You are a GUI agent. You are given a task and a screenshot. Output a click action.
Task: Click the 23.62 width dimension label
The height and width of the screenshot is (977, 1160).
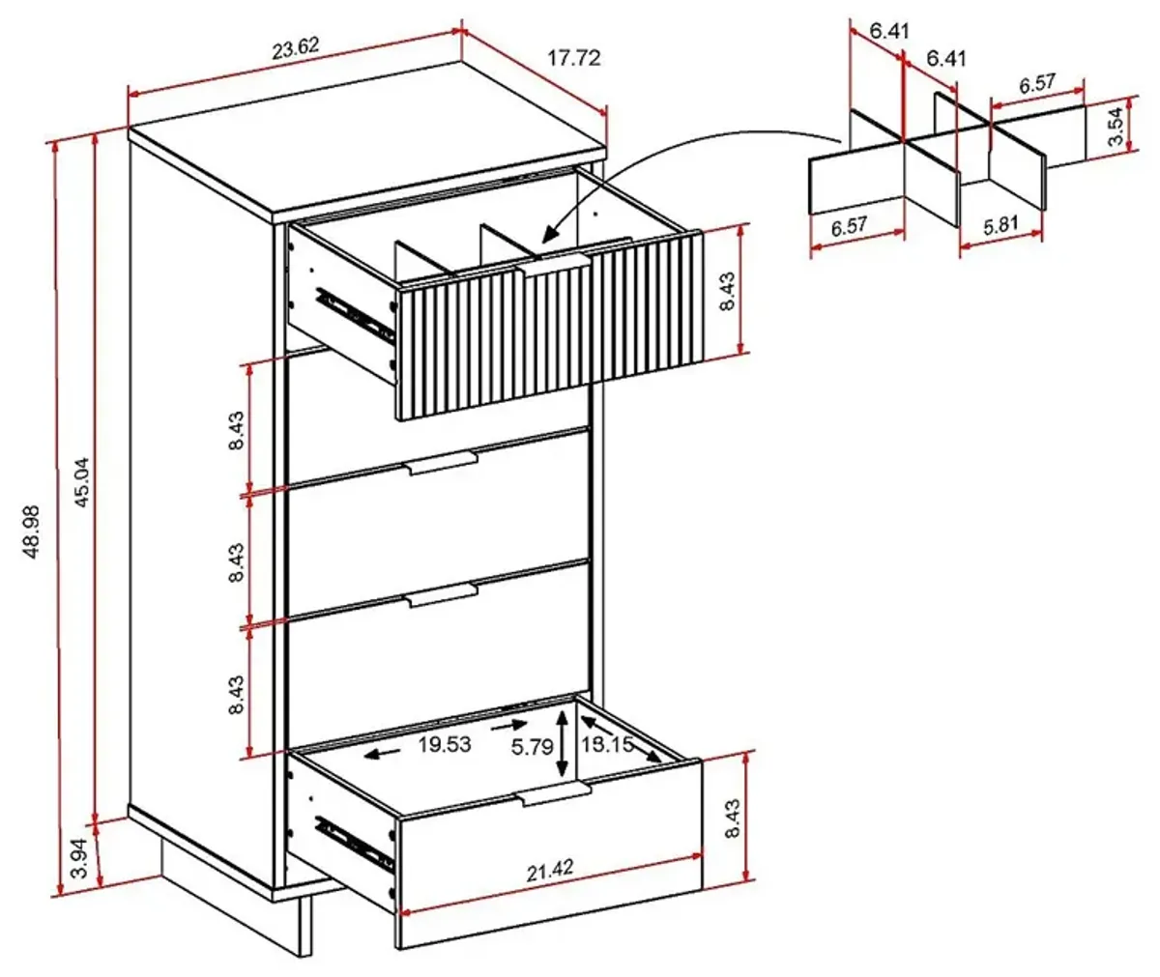click(x=296, y=48)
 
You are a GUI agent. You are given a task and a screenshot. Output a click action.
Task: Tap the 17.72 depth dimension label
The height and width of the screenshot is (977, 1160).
click(x=574, y=58)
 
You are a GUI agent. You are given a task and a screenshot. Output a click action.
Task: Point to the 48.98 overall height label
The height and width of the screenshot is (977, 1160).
click(x=31, y=532)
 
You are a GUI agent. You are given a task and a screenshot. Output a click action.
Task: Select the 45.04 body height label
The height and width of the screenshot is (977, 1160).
click(x=81, y=482)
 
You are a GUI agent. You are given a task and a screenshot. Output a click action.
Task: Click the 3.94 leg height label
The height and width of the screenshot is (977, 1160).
click(x=80, y=857)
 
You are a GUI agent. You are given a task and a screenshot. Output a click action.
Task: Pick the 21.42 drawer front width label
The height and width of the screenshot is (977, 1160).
click(x=549, y=871)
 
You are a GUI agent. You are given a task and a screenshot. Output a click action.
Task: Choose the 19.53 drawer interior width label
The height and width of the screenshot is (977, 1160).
click(x=445, y=744)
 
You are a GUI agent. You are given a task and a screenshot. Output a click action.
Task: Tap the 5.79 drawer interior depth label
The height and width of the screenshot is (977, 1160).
click(x=532, y=747)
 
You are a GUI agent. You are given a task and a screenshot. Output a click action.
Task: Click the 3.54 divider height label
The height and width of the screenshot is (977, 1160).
click(x=1115, y=126)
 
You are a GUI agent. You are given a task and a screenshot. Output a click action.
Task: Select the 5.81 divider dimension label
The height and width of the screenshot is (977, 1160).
click(x=1000, y=225)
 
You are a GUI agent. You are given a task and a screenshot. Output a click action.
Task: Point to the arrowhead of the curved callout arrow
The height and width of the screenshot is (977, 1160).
click(x=547, y=236)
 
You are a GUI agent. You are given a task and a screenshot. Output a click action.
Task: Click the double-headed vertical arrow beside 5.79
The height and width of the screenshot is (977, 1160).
click(x=563, y=744)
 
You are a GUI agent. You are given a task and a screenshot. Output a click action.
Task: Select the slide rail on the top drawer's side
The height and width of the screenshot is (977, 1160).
click(x=355, y=314)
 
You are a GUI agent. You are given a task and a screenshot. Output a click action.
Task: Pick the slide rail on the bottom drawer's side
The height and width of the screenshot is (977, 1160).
click(x=355, y=844)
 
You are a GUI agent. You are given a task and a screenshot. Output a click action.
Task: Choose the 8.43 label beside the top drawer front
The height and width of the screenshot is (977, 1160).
click(x=727, y=291)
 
